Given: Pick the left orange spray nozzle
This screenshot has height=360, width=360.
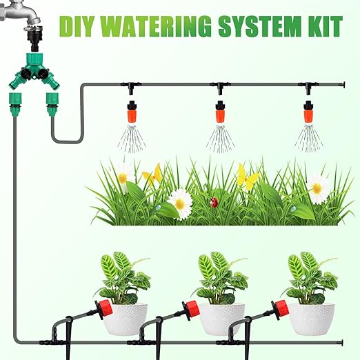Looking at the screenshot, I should (x=130, y=111).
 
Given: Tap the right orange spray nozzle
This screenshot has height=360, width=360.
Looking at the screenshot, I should (x=308, y=111).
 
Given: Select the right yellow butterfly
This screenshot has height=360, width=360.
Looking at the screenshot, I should (x=247, y=178).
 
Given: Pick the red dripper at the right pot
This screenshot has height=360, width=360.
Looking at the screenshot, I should (x=281, y=308).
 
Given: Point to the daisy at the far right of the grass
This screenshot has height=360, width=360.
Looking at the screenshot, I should (x=318, y=187).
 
